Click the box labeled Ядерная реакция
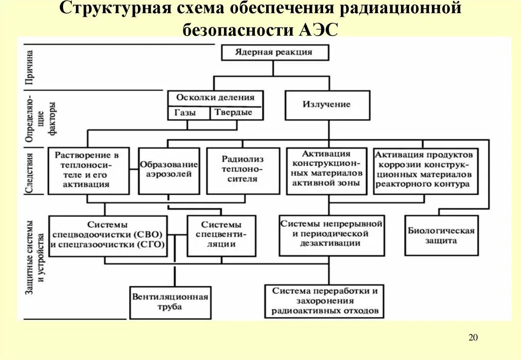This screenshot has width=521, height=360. (x=274, y=52)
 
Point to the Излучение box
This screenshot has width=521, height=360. (x=327, y=105)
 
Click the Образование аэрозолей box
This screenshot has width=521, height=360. (x=169, y=170)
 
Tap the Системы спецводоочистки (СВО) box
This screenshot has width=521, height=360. (x=108, y=235)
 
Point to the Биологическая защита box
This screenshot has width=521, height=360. (x=441, y=235)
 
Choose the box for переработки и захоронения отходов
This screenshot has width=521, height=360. (x=325, y=301)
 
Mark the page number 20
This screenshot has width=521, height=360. (x=473, y=338)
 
